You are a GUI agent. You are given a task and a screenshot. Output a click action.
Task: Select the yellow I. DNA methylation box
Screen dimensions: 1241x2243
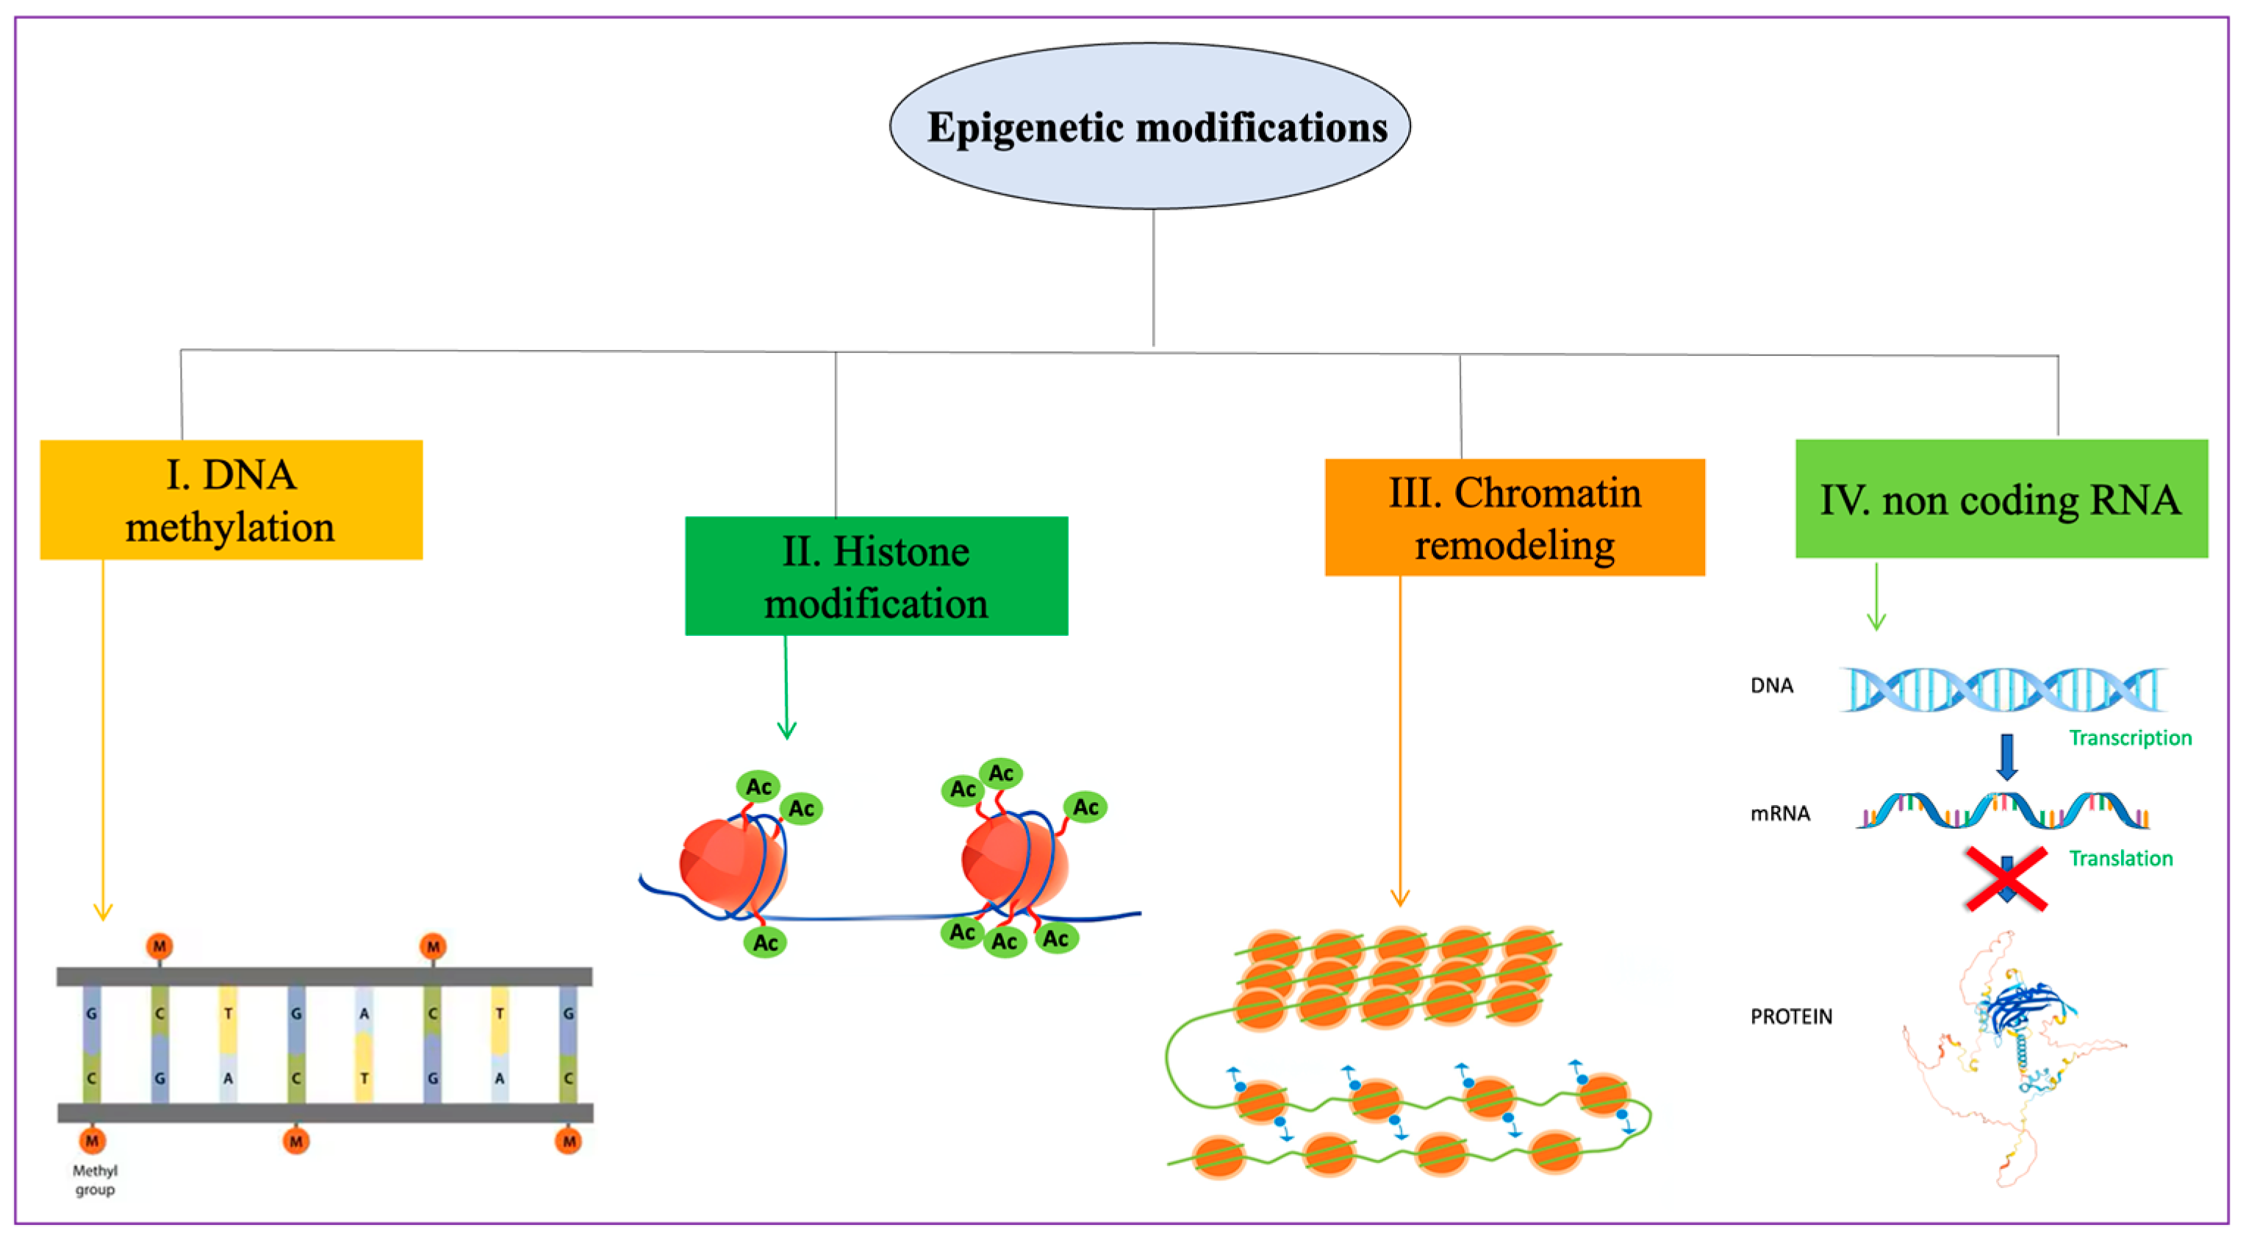(231, 500)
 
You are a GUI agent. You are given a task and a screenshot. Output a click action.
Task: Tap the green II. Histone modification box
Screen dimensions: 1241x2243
(876, 576)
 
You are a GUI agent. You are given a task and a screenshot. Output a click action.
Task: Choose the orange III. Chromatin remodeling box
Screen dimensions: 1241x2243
(1514, 518)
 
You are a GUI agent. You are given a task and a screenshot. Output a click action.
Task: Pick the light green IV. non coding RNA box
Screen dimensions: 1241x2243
(2001, 499)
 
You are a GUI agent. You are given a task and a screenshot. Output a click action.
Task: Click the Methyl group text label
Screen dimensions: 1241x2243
(94, 1180)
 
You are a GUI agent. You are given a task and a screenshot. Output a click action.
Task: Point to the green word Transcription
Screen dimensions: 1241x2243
(2130, 737)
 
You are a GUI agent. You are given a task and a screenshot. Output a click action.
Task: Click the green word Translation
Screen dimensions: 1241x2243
(2120, 858)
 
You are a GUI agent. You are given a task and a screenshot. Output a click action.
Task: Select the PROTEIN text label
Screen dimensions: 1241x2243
(1791, 1016)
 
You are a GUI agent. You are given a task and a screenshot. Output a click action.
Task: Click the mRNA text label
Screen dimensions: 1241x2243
(1780, 813)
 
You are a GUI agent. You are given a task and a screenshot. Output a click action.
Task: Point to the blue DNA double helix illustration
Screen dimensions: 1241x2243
(2003, 690)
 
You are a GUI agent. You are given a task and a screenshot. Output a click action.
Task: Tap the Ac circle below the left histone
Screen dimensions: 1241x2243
(765, 943)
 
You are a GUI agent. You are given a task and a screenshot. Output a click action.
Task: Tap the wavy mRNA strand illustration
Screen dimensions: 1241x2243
(2003, 812)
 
